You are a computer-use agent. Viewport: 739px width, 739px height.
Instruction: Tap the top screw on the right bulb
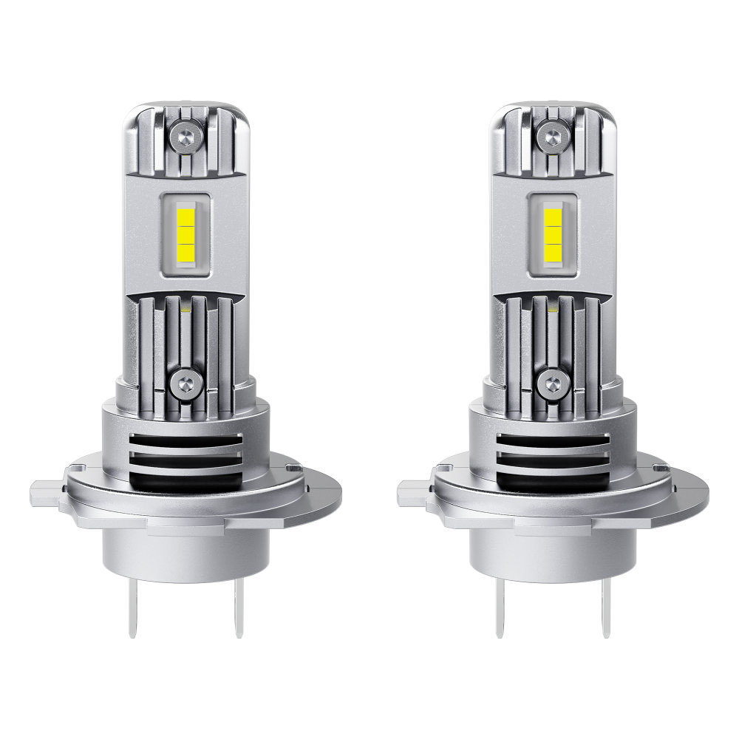pos(551,135)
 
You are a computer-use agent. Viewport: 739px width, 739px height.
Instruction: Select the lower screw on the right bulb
pos(551,382)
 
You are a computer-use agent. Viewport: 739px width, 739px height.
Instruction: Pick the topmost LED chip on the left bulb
pos(185,218)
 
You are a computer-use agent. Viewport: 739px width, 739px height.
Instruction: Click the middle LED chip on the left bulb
pos(185,236)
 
